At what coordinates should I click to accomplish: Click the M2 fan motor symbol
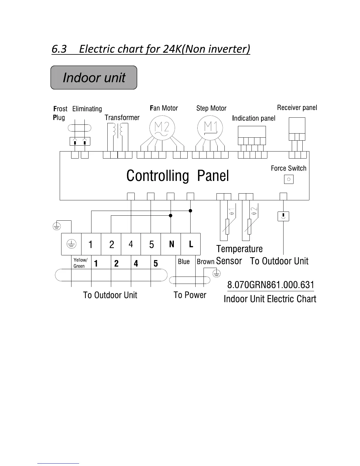(x=162, y=128)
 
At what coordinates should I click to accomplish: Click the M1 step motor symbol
(x=210, y=128)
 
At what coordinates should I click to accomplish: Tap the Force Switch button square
(x=289, y=179)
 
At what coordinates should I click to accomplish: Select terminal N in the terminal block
(x=171, y=244)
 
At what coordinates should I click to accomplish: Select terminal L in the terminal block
(x=191, y=244)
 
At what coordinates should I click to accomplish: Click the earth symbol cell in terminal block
(x=71, y=244)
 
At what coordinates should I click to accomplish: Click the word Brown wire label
(x=205, y=262)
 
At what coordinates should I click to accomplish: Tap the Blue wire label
(x=184, y=262)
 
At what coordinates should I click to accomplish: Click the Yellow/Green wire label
(x=80, y=263)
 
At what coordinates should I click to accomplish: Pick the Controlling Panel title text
(x=177, y=176)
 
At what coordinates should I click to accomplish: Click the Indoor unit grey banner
(x=94, y=77)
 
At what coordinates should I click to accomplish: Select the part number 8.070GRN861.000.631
(x=271, y=285)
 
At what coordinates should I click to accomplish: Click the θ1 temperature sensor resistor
(x=227, y=226)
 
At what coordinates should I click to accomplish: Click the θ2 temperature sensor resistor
(x=249, y=226)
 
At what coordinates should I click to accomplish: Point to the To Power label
(x=190, y=295)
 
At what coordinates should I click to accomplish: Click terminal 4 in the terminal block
(x=131, y=244)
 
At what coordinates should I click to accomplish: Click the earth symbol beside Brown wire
(x=216, y=274)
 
